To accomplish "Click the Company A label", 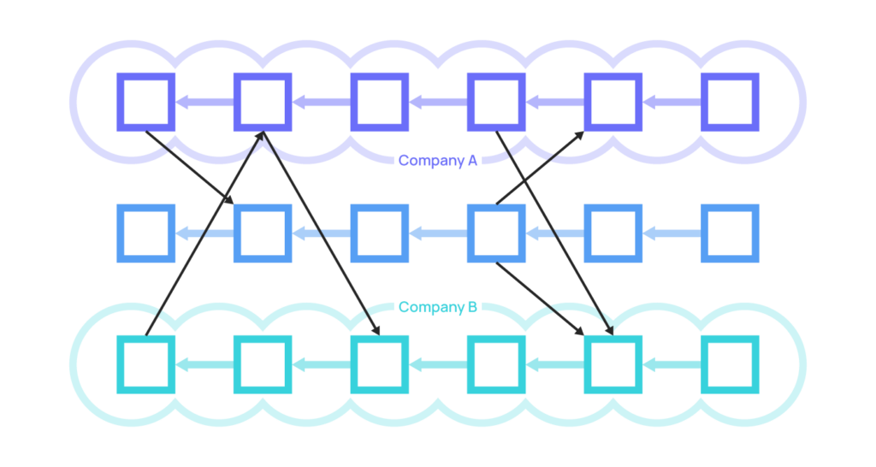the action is coord(437,161).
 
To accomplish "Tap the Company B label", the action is coord(437,307).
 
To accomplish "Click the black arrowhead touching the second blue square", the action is coord(228,199).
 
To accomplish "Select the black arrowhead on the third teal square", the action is coord(376,330).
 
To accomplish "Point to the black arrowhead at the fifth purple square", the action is coord(579,136).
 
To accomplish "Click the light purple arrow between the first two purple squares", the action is coord(204,103).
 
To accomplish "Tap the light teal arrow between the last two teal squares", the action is coord(672,364).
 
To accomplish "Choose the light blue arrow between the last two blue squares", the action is coord(672,233).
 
